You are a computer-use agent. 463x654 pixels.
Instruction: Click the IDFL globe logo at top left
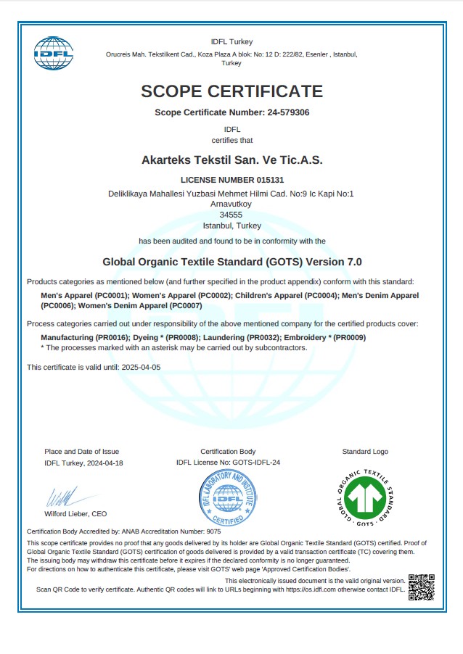point(54,53)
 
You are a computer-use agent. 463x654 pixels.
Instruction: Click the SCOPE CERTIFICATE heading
point(231,91)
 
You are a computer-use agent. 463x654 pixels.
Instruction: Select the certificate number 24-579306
point(289,112)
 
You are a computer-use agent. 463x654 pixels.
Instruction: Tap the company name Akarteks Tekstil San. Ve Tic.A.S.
point(231,159)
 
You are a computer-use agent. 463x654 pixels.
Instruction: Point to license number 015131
point(270,179)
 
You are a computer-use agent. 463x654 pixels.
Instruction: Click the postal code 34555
point(231,215)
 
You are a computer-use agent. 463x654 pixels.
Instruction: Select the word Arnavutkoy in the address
point(231,204)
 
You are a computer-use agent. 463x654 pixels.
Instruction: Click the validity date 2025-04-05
point(139,368)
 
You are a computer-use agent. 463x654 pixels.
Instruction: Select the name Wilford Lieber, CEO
point(76,514)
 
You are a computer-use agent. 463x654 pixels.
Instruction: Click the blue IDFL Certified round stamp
point(228,499)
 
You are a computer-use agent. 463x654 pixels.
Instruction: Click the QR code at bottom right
point(422,587)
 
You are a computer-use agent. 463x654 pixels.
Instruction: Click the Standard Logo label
point(365,452)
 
